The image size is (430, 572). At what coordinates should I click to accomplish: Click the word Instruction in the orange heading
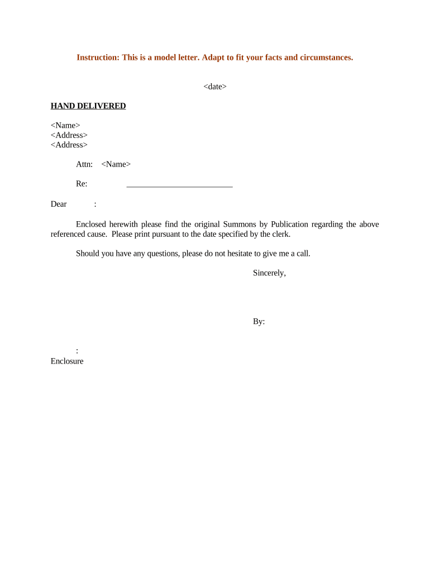[x=96, y=58]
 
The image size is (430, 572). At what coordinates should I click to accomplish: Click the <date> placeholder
[x=215, y=87]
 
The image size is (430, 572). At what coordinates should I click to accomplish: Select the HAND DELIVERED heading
[x=88, y=106]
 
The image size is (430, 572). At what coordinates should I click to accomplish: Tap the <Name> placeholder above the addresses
[x=65, y=126]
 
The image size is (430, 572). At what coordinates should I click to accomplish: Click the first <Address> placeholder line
[x=69, y=135]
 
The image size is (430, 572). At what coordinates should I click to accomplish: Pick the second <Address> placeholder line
[x=69, y=145]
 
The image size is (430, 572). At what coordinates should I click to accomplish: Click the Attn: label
[x=84, y=164]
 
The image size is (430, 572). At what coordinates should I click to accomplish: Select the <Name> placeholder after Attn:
[x=116, y=164]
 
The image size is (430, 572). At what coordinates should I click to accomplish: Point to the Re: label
[x=82, y=184]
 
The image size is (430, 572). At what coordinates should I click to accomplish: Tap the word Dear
[x=59, y=204]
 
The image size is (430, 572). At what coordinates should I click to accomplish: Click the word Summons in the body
[x=240, y=225]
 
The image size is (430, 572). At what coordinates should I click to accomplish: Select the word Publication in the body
[x=289, y=225]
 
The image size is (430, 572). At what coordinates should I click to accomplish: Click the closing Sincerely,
[x=269, y=273]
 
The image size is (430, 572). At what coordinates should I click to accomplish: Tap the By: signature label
[x=259, y=322]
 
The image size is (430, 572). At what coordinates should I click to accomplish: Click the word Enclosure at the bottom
[x=67, y=361]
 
